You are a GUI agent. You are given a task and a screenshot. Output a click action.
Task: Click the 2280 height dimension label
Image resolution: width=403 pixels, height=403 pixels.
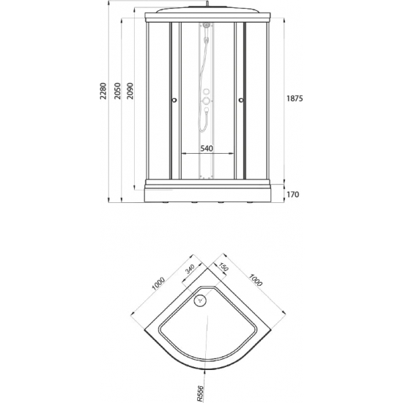click(103, 91)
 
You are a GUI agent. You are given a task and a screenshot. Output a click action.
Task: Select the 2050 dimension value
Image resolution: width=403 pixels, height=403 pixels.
click(117, 91)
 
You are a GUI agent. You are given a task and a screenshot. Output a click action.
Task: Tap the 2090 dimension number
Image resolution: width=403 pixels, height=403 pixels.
click(130, 91)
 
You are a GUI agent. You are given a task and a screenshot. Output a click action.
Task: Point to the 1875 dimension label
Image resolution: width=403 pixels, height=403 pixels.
click(295, 98)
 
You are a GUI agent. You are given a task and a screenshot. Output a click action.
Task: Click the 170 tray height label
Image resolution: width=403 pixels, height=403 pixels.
click(293, 195)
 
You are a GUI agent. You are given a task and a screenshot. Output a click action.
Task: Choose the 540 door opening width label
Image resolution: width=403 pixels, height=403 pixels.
click(207, 148)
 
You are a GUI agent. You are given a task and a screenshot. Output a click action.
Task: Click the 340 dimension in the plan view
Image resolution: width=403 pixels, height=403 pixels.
click(190, 270)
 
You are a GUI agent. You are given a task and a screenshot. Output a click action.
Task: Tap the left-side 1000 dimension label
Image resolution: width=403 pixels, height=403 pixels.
click(158, 284)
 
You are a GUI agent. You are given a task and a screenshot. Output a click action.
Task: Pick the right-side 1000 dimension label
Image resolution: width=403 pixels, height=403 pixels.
click(255, 280)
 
